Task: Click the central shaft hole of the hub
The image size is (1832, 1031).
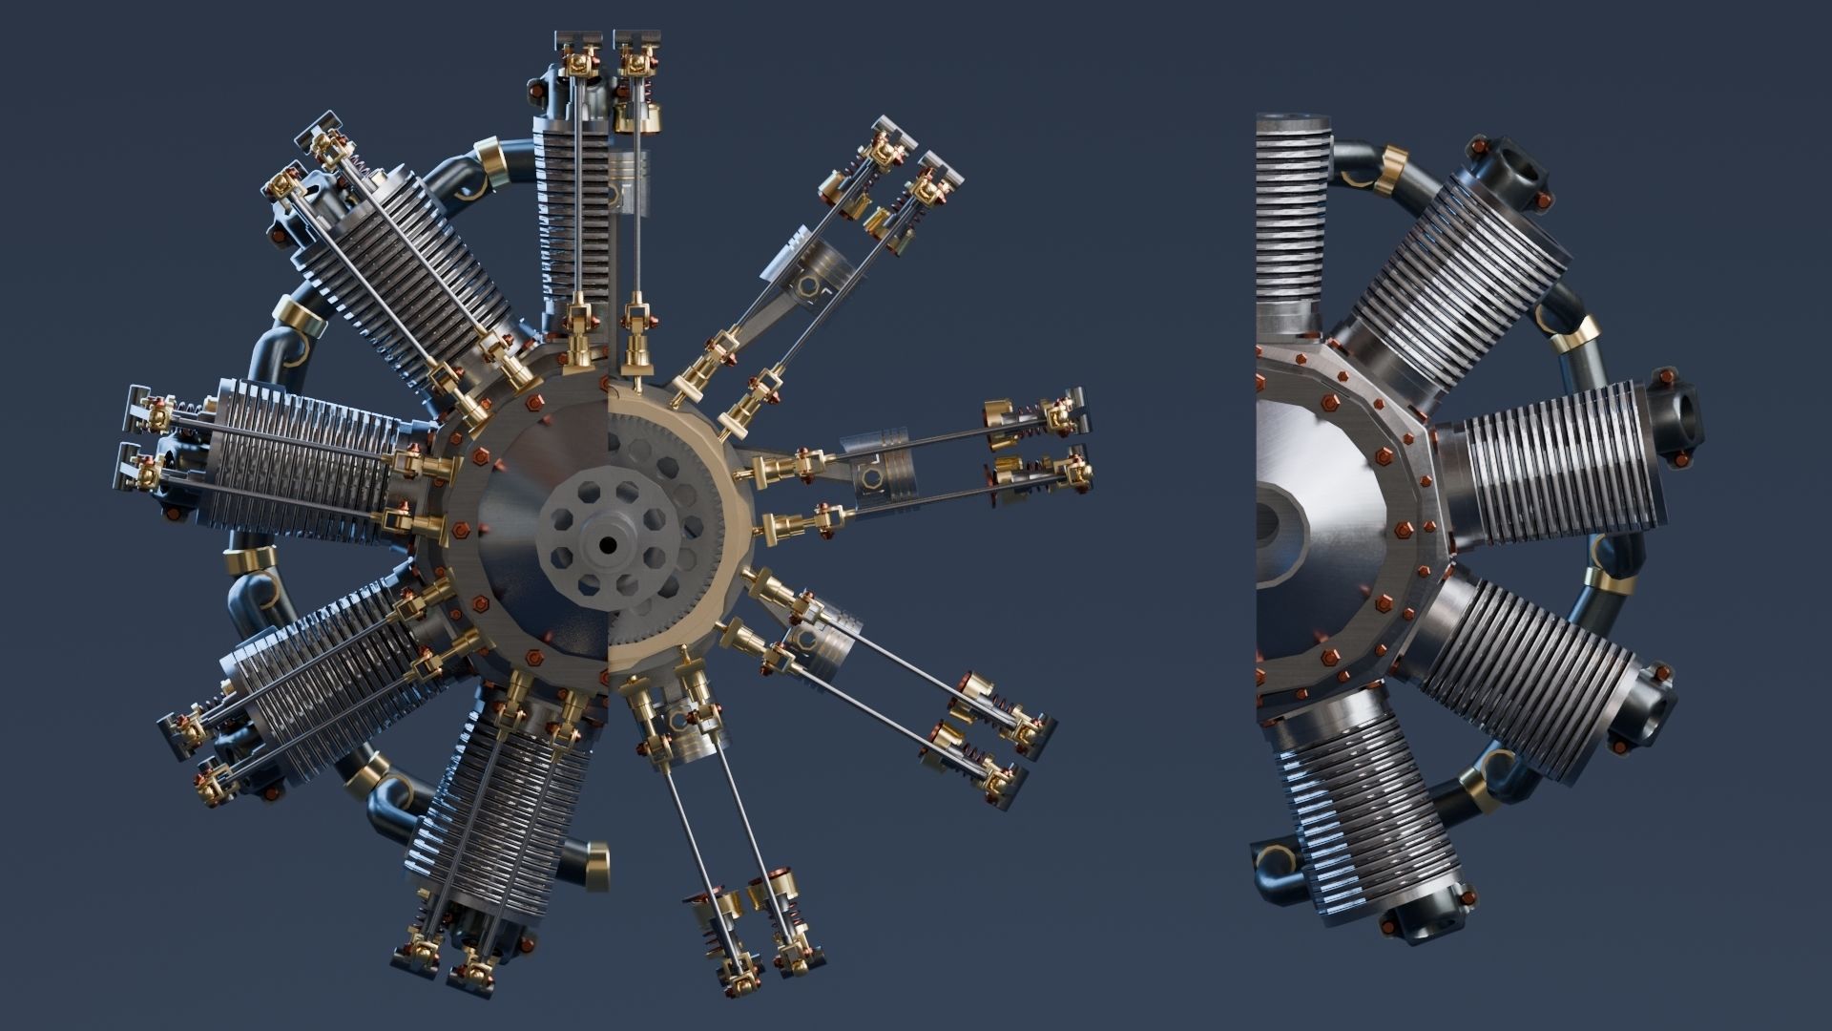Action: [x=607, y=545]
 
